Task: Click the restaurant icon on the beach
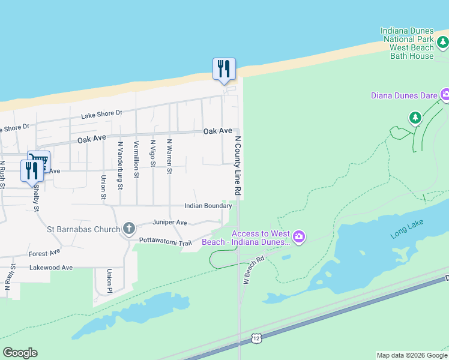point(224,68)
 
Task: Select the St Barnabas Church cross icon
point(128,228)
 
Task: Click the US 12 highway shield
point(256,339)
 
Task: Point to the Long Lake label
point(407,229)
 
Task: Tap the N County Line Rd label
point(238,165)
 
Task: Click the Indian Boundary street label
point(208,206)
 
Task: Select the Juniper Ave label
point(170,223)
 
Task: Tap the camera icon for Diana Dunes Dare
point(445,94)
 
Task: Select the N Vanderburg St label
point(120,165)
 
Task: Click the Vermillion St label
point(137,155)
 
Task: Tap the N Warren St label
point(170,157)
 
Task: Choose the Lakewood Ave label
point(50,268)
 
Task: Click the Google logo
point(20,353)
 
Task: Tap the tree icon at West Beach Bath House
point(443,41)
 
